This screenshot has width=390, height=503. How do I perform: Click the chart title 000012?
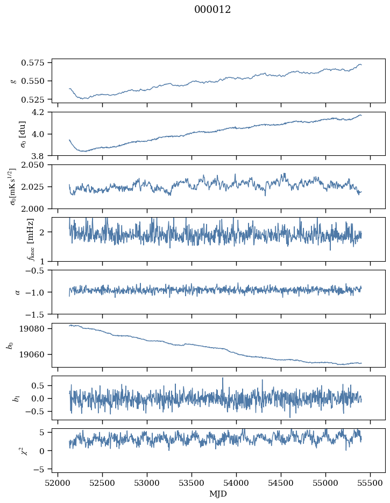click(212, 10)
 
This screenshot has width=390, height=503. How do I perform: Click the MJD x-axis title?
click(218, 493)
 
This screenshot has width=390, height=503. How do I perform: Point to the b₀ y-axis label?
click(9, 345)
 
